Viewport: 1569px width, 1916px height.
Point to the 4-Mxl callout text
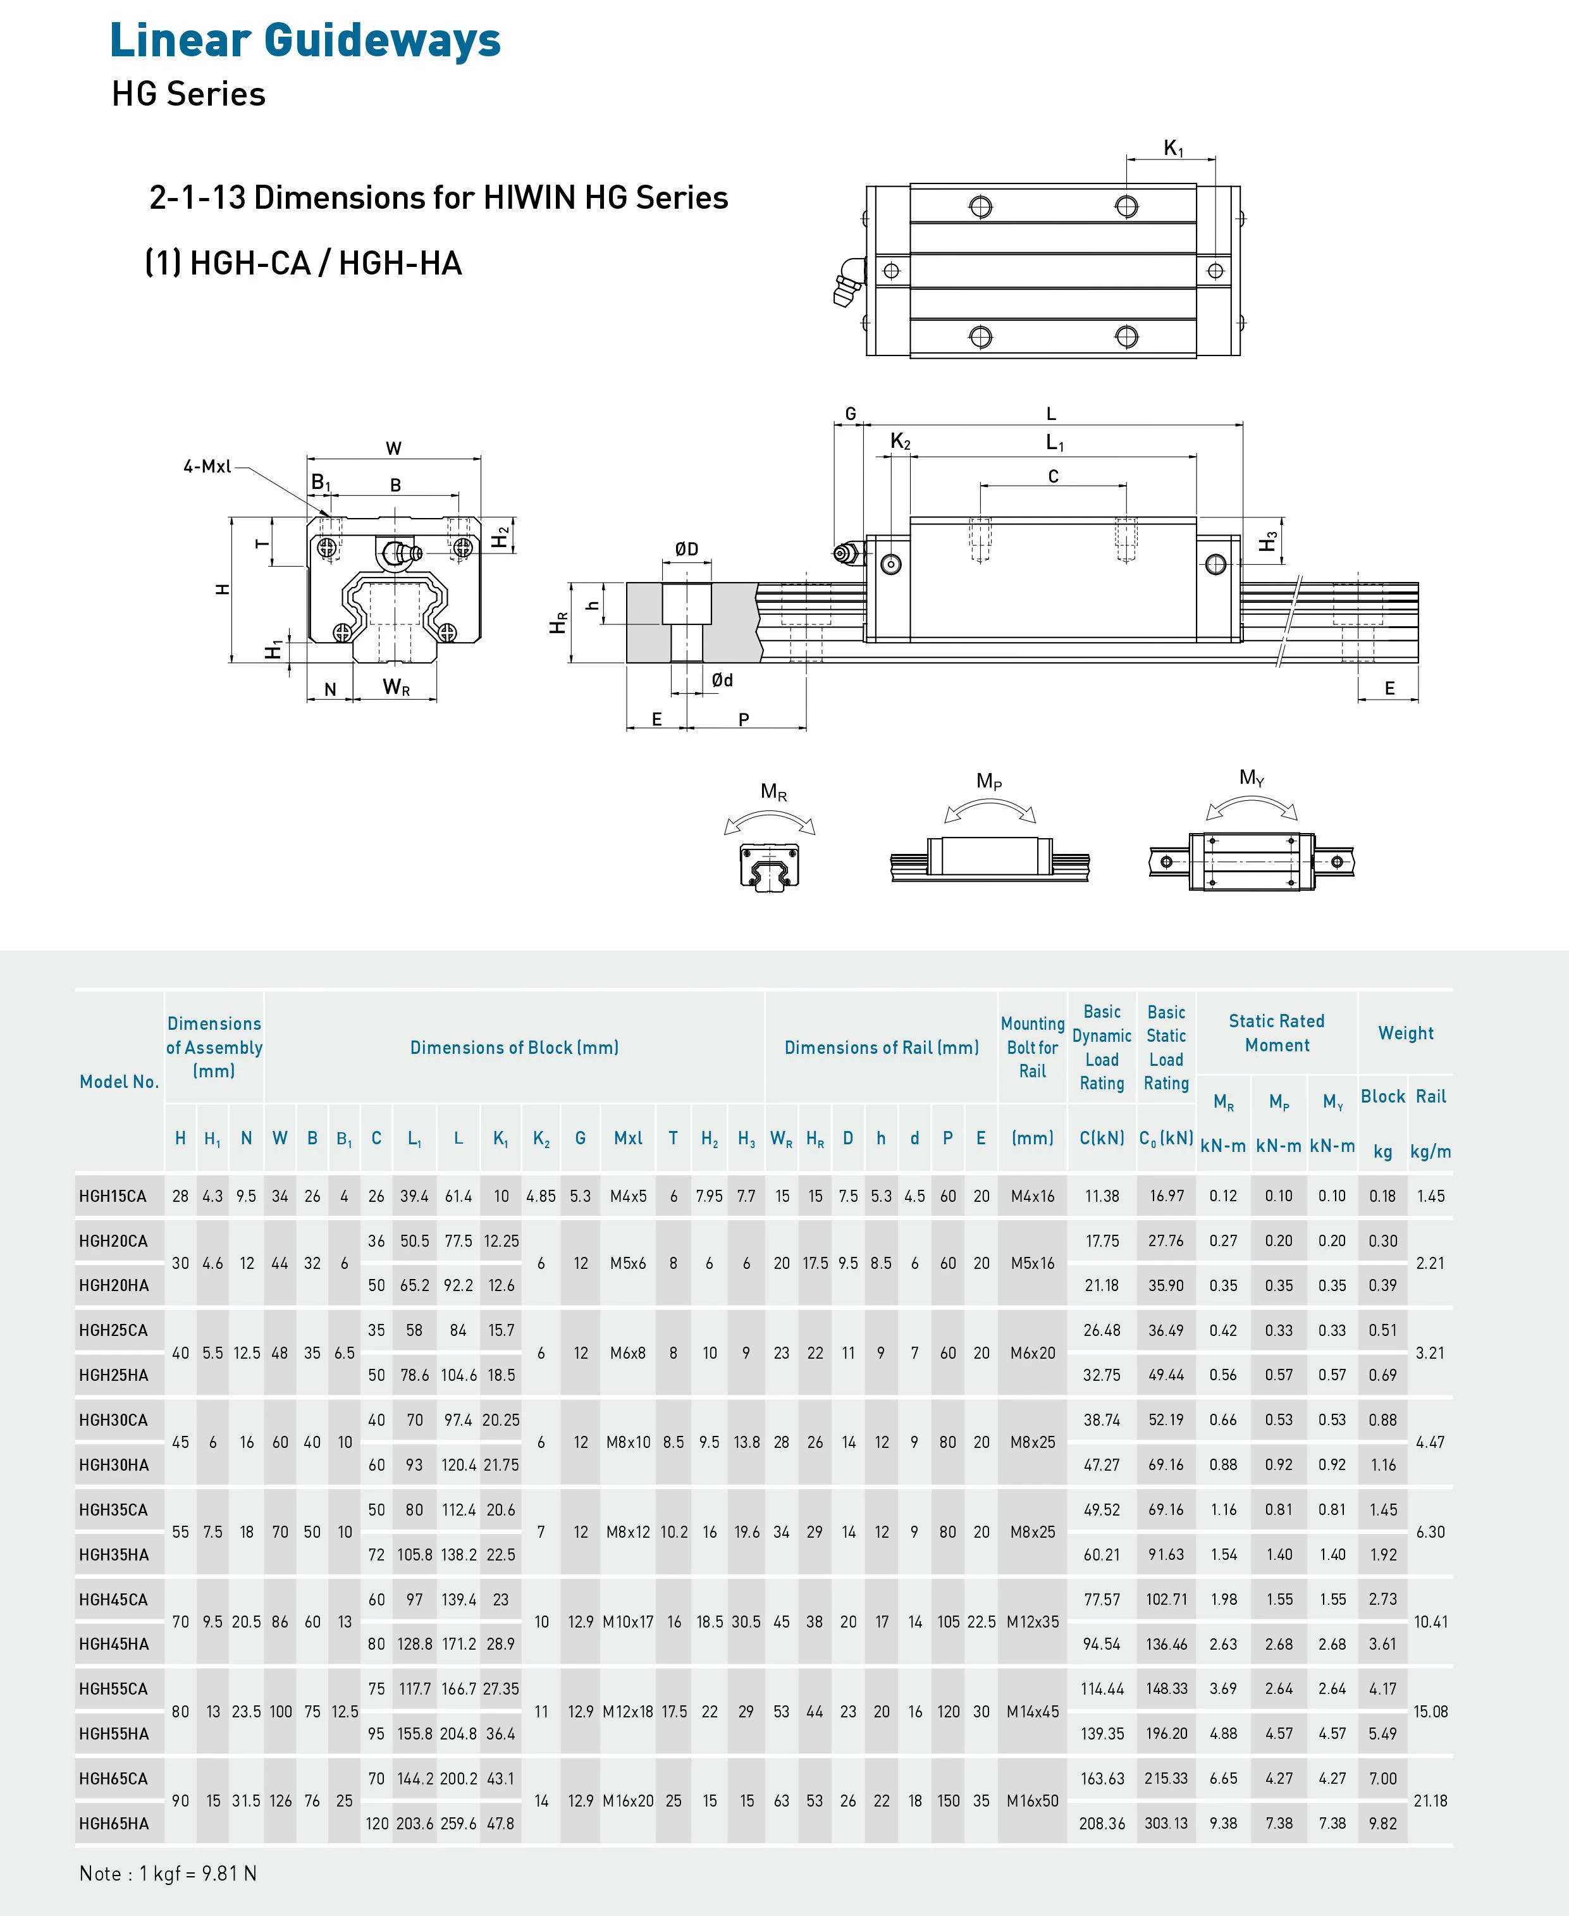[207, 466]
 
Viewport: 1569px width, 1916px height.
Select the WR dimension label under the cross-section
[396, 687]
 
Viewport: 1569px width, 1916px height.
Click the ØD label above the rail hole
[686, 548]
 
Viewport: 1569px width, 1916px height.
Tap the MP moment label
[988, 781]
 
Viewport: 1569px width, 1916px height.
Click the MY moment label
[1252, 777]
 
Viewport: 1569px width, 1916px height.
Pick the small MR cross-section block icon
[769, 867]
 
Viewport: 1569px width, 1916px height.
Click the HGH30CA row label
[113, 1420]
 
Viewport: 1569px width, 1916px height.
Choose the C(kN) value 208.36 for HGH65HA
[1102, 1823]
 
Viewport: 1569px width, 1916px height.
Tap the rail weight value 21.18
[1431, 1800]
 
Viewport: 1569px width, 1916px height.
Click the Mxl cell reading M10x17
[627, 1621]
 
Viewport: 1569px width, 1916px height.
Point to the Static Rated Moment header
[1276, 1032]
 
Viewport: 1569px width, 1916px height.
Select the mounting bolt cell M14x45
[1032, 1711]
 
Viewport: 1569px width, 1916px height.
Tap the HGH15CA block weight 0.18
[1382, 1196]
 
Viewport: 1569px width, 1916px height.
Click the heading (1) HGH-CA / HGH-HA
[304, 263]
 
